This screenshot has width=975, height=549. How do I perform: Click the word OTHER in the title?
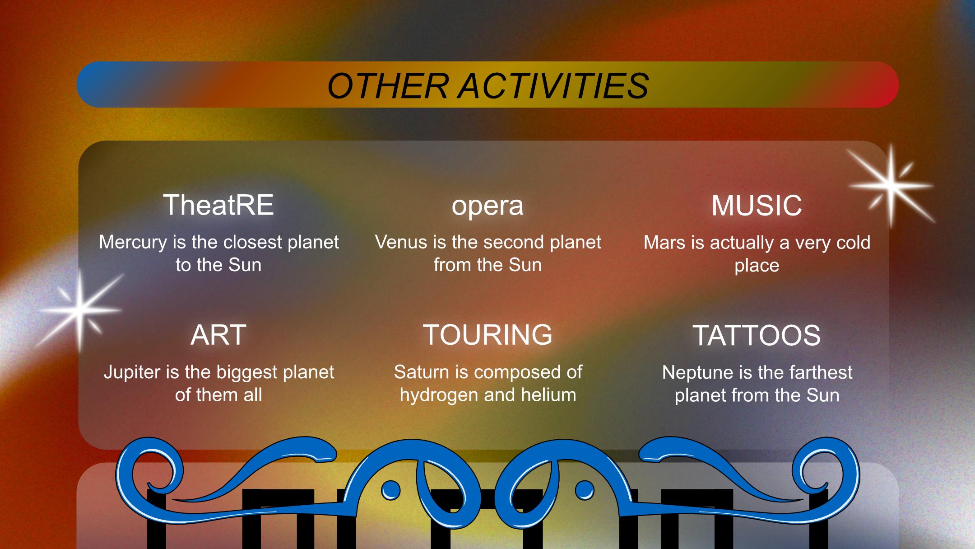388,86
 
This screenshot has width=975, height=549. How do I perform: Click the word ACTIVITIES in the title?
553,86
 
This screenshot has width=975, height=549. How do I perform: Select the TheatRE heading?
218,205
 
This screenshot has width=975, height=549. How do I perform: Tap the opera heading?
487,206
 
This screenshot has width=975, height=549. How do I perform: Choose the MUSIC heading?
757,206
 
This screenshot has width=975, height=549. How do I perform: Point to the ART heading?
218,335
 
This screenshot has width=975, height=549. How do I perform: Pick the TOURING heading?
487,335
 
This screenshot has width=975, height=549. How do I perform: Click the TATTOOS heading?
757,335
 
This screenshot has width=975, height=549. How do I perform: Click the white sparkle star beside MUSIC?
891,185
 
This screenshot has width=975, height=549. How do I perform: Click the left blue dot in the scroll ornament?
390,490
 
